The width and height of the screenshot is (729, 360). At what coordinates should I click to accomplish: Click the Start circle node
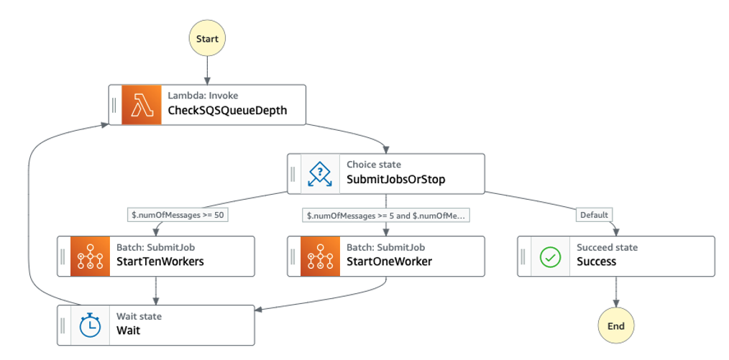[x=207, y=39]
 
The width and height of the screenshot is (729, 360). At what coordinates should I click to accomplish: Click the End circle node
[x=616, y=326]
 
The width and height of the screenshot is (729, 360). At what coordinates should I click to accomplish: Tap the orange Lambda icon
[x=142, y=105]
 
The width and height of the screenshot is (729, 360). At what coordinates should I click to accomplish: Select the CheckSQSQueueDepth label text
[x=227, y=111]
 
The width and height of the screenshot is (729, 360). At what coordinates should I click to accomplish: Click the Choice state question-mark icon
[x=320, y=174]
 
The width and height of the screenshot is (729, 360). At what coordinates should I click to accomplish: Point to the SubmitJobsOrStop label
[x=395, y=180]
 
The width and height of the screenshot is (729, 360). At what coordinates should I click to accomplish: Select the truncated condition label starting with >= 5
[x=386, y=215]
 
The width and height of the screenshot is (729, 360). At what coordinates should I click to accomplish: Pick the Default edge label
[x=595, y=215]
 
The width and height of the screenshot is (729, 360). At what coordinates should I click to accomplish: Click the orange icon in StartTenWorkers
[x=90, y=257]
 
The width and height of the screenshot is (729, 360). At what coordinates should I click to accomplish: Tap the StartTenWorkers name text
[x=160, y=262]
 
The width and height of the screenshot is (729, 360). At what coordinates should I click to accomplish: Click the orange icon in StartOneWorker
[x=320, y=257]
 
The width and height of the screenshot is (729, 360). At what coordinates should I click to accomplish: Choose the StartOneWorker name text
[x=389, y=262]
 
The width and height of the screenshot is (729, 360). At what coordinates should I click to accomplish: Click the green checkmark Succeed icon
[x=550, y=257]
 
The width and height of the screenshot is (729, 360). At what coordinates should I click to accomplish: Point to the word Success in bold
[x=596, y=262]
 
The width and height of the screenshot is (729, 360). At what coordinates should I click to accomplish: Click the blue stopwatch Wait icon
[x=90, y=326]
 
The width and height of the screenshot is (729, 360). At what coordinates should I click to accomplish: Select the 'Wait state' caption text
[x=139, y=316]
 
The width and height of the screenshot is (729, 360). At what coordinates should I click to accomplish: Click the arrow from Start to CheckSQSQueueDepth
[x=207, y=70]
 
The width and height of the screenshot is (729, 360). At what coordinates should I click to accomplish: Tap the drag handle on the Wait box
[x=63, y=326]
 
